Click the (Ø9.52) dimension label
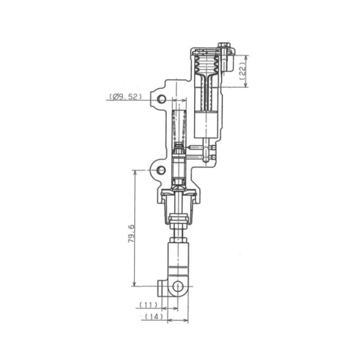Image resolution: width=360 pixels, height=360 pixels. [126, 97]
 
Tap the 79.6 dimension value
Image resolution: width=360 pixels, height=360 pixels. [131, 234]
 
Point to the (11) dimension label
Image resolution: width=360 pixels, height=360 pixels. [148, 305]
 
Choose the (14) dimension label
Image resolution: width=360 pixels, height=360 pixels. [154, 317]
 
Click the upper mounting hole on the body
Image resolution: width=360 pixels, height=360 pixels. [161, 99]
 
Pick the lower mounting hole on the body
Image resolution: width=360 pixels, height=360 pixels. [161, 170]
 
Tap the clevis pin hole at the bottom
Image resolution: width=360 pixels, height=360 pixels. [178, 286]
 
